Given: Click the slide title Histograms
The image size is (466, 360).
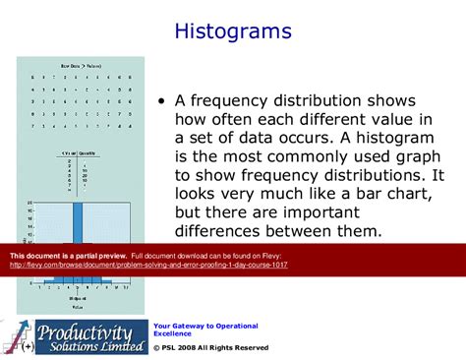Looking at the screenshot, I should (x=233, y=31).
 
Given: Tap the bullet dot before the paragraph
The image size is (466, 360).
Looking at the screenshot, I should (x=160, y=102).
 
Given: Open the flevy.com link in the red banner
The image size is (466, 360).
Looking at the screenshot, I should (x=147, y=265).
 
